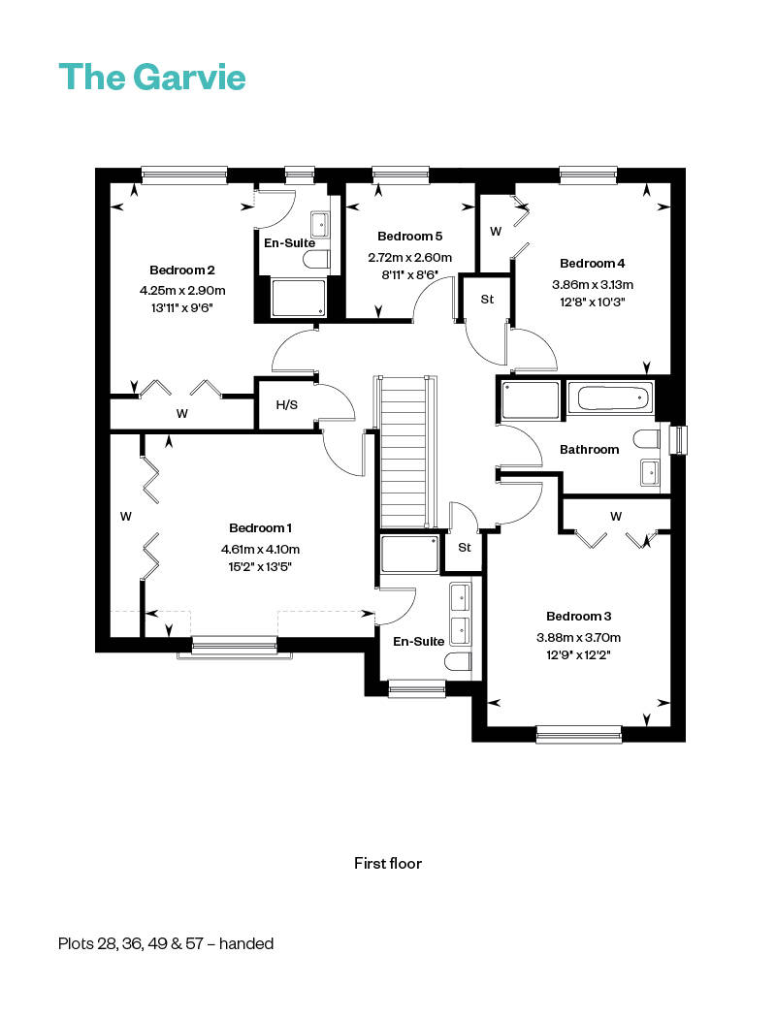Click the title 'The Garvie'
tap(152, 77)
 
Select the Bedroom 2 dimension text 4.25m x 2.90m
tap(182, 290)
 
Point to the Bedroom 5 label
tap(409, 237)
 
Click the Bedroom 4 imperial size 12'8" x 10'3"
tap(593, 302)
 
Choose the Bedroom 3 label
tap(578, 616)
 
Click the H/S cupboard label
tap(287, 405)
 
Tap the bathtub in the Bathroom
tap(610, 397)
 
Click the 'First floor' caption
tap(388, 864)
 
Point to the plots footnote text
tap(166, 943)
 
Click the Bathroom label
tap(589, 449)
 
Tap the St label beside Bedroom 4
tap(487, 300)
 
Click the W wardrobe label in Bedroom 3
tap(616, 516)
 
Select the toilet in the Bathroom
tap(646, 439)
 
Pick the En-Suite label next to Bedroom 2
tap(290, 242)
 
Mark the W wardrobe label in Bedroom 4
tap(496, 231)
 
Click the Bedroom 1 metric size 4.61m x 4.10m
tap(260, 550)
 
